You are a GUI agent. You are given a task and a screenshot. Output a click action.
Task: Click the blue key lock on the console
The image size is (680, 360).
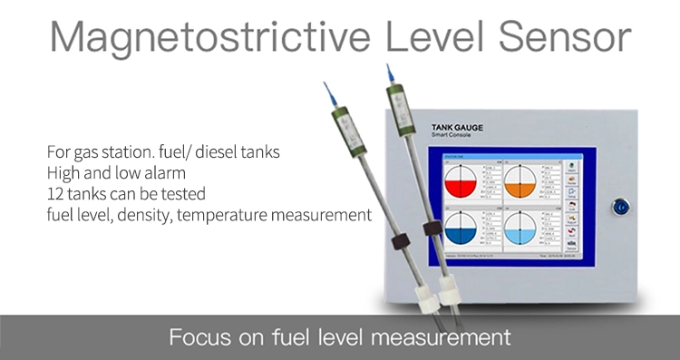click(x=621, y=206)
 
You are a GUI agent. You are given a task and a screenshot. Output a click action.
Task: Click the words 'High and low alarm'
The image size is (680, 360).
click(x=107, y=172)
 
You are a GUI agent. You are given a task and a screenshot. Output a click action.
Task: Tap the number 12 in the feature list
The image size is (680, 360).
click(x=53, y=193)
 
